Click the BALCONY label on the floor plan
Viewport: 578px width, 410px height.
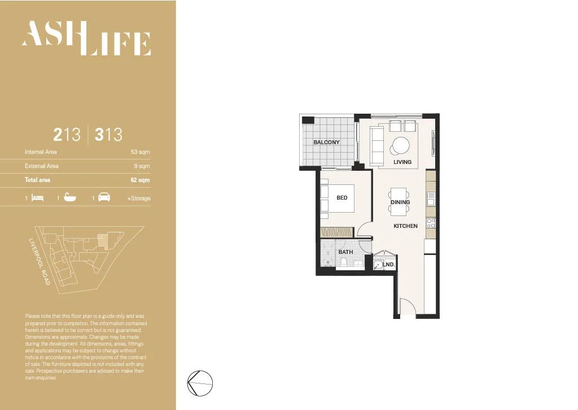[x=326, y=142]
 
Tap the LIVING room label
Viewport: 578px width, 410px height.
[x=402, y=162]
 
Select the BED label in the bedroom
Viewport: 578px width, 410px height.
[x=342, y=198]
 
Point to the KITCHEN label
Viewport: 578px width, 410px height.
[x=405, y=226]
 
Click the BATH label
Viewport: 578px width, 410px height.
[x=345, y=252]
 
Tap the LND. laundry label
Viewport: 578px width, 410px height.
[x=388, y=265]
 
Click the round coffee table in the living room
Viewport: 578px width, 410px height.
[x=401, y=146]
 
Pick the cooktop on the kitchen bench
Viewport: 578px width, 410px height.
[x=431, y=223]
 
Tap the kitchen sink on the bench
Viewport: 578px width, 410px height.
[x=431, y=198]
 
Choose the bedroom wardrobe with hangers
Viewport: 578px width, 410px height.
[x=337, y=232]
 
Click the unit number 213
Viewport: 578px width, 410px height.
[x=67, y=135]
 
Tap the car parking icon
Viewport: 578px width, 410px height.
[x=104, y=198]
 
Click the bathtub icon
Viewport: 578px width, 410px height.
[x=70, y=198]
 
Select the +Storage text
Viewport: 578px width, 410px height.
[x=139, y=198]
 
